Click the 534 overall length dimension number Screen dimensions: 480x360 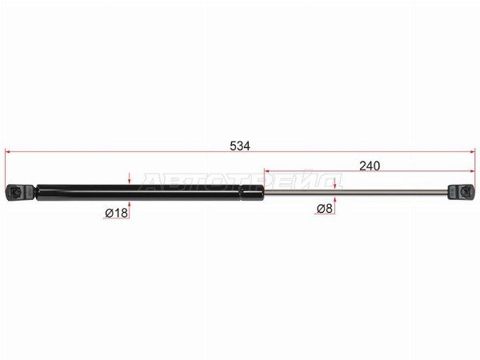[x=240, y=146]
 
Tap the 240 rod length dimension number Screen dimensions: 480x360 [x=370, y=166]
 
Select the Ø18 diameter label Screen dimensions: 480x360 [x=116, y=213]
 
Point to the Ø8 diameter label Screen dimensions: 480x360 [x=325, y=209]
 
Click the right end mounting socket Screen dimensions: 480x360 [x=462, y=192]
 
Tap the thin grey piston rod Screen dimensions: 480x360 [x=356, y=192]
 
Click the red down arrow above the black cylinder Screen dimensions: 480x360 [x=130, y=178]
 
